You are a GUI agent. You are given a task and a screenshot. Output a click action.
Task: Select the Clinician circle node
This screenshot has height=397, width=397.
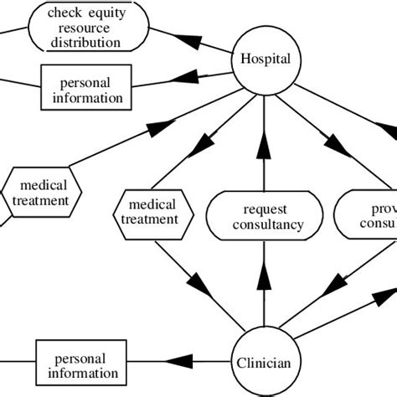[265, 363]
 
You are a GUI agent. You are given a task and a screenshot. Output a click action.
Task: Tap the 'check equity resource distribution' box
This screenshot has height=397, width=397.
[83, 27]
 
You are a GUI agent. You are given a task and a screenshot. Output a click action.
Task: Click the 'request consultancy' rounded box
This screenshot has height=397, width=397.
[265, 215]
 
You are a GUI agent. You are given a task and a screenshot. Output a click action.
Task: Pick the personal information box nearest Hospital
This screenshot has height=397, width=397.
[85, 90]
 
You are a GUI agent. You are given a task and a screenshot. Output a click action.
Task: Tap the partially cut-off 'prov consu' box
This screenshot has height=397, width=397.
[366, 215]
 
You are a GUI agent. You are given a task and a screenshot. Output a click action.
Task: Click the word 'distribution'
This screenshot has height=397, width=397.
[83, 40]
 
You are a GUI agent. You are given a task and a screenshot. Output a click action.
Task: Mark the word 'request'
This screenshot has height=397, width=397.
[265, 209]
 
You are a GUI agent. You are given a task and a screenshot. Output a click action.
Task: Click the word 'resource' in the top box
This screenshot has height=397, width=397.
[83, 27]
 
